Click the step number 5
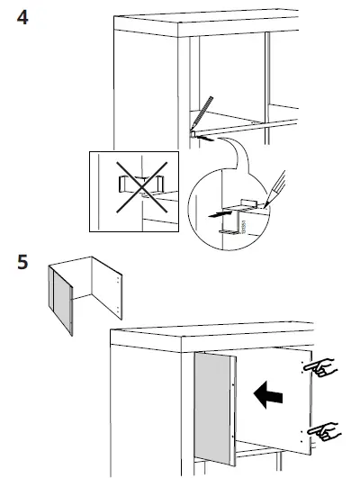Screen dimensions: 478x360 pos(26,265)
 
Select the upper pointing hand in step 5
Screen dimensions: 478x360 pos(319,367)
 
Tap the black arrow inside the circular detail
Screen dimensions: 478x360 pos(216,216)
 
